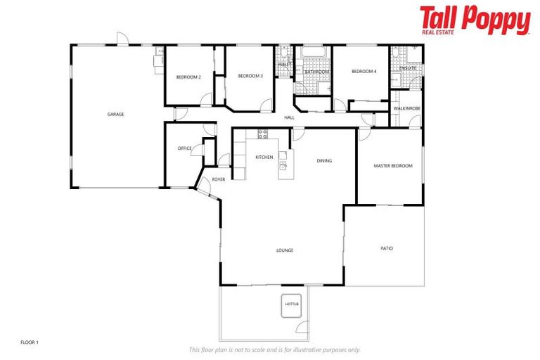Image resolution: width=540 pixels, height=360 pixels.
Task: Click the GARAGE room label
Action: (x=115, y=114)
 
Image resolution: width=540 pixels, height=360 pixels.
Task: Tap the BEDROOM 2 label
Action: (x=188, y=77)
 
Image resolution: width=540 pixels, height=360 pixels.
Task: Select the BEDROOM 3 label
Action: (x=250, y=76)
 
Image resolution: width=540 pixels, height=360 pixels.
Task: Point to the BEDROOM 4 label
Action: (x=364, y=71)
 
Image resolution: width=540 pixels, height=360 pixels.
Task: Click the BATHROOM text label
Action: (x=316, y=72)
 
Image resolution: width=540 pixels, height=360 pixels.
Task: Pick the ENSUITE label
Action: (x=408, y=67)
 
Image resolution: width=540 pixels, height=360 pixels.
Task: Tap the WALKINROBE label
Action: (x=406, y=108)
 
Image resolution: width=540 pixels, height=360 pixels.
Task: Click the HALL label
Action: (x=289, y=117)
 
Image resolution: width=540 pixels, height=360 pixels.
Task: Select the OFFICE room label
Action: (x=184, y=148)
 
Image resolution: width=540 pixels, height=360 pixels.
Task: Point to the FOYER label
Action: (x=219, y=179)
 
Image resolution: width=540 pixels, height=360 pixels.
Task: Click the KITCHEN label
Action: (x=264, y=157)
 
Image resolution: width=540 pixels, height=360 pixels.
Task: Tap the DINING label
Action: (x=324, y=160)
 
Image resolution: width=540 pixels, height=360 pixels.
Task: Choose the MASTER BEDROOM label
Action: (x=392, y=166)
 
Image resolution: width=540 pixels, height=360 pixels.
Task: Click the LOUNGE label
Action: (x=284, y=250)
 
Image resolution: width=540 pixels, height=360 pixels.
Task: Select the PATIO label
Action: (x=387, y=248)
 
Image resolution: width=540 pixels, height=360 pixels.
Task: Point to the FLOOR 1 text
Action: (x=30, y=342)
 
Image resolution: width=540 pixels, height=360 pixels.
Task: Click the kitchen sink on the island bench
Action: (x=283, y=166)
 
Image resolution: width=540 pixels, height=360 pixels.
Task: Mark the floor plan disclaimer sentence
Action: (x=274, y=349)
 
